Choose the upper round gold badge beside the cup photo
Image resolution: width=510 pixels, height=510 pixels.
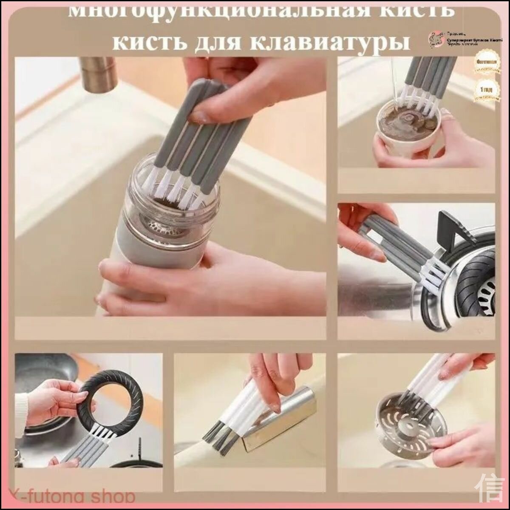(x=485, y=63)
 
